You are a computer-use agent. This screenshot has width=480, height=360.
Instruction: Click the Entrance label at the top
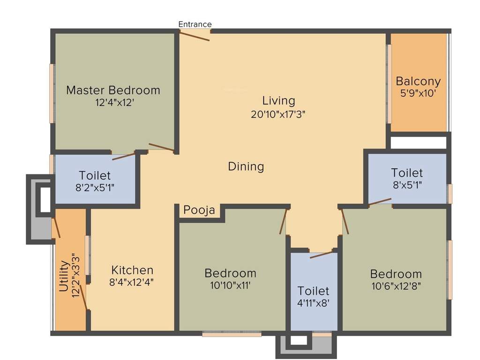[x=195, y=24]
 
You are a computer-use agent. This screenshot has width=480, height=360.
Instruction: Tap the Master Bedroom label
[x=113, y=90]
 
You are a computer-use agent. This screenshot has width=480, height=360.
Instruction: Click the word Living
[x=278, y=100]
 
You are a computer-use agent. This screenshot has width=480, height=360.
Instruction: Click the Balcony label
[x=418, y=81]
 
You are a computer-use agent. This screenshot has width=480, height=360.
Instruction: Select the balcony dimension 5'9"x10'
[x=418, y=93]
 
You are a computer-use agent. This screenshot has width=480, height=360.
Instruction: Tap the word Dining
[x=246, y=166]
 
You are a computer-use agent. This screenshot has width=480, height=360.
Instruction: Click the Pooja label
[x=199, y=210]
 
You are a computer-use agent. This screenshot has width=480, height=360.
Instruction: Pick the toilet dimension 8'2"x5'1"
[x=95, y=187]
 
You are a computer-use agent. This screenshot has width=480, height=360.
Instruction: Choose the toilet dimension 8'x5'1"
[x=407, y=185]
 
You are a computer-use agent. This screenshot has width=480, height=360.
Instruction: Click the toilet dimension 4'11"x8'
[x=314, y=303]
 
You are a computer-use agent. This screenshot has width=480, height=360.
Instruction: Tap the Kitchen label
[x=132, y=270]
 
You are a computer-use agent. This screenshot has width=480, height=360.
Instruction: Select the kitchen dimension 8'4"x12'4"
[x=132, y=282]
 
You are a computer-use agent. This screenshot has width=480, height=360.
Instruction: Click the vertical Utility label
[x=64, y=276]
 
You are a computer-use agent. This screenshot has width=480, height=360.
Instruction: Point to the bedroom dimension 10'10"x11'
[x=230, y=285]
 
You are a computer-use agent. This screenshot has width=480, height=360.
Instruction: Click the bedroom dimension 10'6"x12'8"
[x=396, y=286]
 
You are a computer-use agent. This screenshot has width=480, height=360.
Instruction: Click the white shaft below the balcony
[x=418, y=142]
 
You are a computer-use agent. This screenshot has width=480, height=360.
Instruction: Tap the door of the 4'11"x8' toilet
[x=322, y=255]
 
